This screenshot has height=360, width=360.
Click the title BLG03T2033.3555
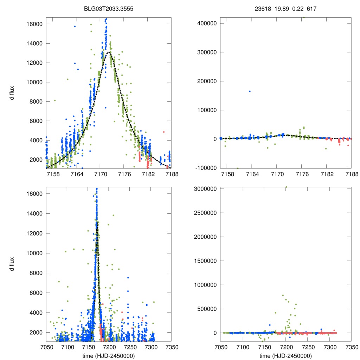109,8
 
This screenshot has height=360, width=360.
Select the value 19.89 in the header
281,8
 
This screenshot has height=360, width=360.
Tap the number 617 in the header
311,8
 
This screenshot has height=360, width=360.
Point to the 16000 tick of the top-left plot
36,24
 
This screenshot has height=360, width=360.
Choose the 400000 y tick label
205,23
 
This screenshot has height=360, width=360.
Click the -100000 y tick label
204,168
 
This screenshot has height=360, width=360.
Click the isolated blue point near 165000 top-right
250,91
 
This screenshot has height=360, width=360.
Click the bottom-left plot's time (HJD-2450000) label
109,356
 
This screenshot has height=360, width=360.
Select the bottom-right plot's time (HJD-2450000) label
286,356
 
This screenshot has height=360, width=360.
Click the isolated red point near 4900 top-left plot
164,132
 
